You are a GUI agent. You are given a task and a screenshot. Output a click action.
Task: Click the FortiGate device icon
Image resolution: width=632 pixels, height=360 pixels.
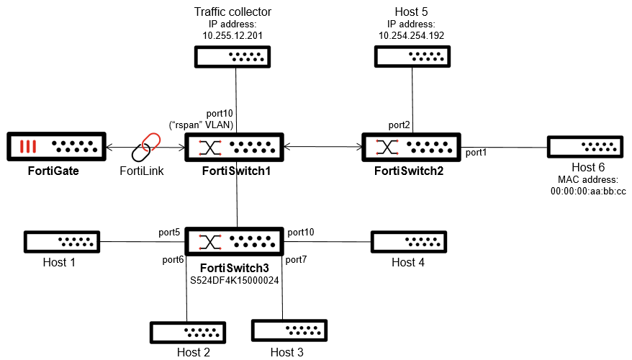click(56, 148)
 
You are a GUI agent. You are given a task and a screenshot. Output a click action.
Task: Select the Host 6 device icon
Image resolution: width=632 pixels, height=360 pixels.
click(584, 146)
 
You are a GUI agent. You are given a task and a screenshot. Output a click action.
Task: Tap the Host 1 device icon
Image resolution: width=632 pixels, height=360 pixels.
click(62, 242)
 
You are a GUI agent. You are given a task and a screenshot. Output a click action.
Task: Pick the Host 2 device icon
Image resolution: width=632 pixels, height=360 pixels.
click(187, 333)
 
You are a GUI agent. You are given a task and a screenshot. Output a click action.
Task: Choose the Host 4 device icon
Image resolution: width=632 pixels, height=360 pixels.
click(408, 242)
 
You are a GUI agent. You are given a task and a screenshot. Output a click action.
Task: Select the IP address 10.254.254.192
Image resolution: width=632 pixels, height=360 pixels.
click(411, 35)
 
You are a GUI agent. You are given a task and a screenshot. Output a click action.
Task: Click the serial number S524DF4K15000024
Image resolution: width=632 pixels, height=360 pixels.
click(234, 279)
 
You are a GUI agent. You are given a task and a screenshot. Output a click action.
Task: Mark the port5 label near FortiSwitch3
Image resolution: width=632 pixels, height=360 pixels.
click(169, 233)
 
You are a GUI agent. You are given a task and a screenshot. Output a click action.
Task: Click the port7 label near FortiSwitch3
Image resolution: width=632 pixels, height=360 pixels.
click(297, 258)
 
